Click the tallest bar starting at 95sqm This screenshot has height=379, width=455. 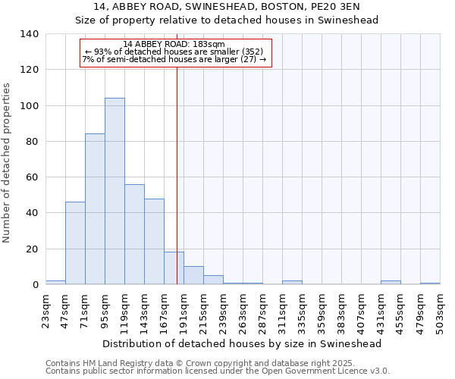115,191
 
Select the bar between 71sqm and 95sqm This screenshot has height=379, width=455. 95,209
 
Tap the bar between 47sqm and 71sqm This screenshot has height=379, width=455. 75,243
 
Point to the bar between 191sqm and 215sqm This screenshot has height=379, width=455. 193,276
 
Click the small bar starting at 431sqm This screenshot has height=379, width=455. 391,283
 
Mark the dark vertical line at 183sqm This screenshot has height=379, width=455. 177,189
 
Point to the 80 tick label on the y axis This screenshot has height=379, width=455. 32,142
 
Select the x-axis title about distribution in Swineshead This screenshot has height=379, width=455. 241,343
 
